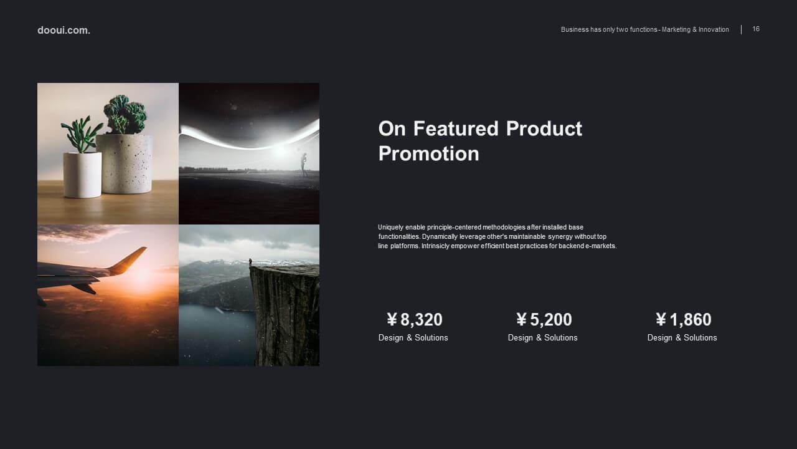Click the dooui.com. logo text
pyautogui.click(x=64, y=31)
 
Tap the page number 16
pyautogui.click(x=756, y=29)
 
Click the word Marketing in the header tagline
pyautogui.click(x=676, y=29)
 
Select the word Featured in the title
pyautogui.click(x=456, y=128)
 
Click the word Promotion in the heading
pyautogui.click(x=429, y=154)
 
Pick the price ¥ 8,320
pyautogui.click(x=415, y=319)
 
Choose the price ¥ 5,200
pyautogui.click(x=544, y=319)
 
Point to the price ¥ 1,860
pyautogui.click(x=684, y=319)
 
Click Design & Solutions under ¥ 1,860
pyautogui.click(x=682, y=338)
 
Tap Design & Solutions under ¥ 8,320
pyautogui.click(x=413, y=338)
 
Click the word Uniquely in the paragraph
pyautogui.click(x=390, y=228)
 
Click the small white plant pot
pyautogui.click(x=82, y=175)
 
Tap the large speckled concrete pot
pyautogui.click(x=125, y=163)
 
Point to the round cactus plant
pyautogui.click(x=125, y=114)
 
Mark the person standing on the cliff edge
pyautogui.click(x=250, y=262)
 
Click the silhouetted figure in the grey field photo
pyautogui.click(x=303, y=164)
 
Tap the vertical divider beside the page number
pyautogui.click(x=741, y=29)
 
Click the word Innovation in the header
pyautogui.click(x=714, y=29)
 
